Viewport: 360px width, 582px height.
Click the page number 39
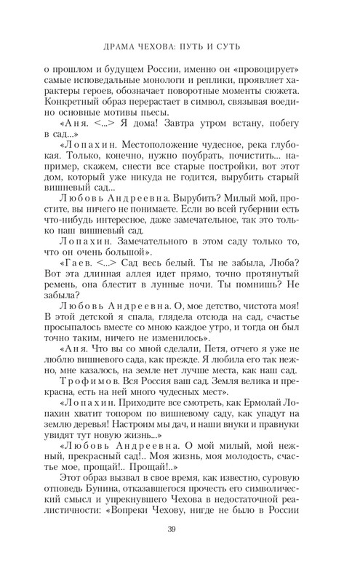[x=180, y=529]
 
